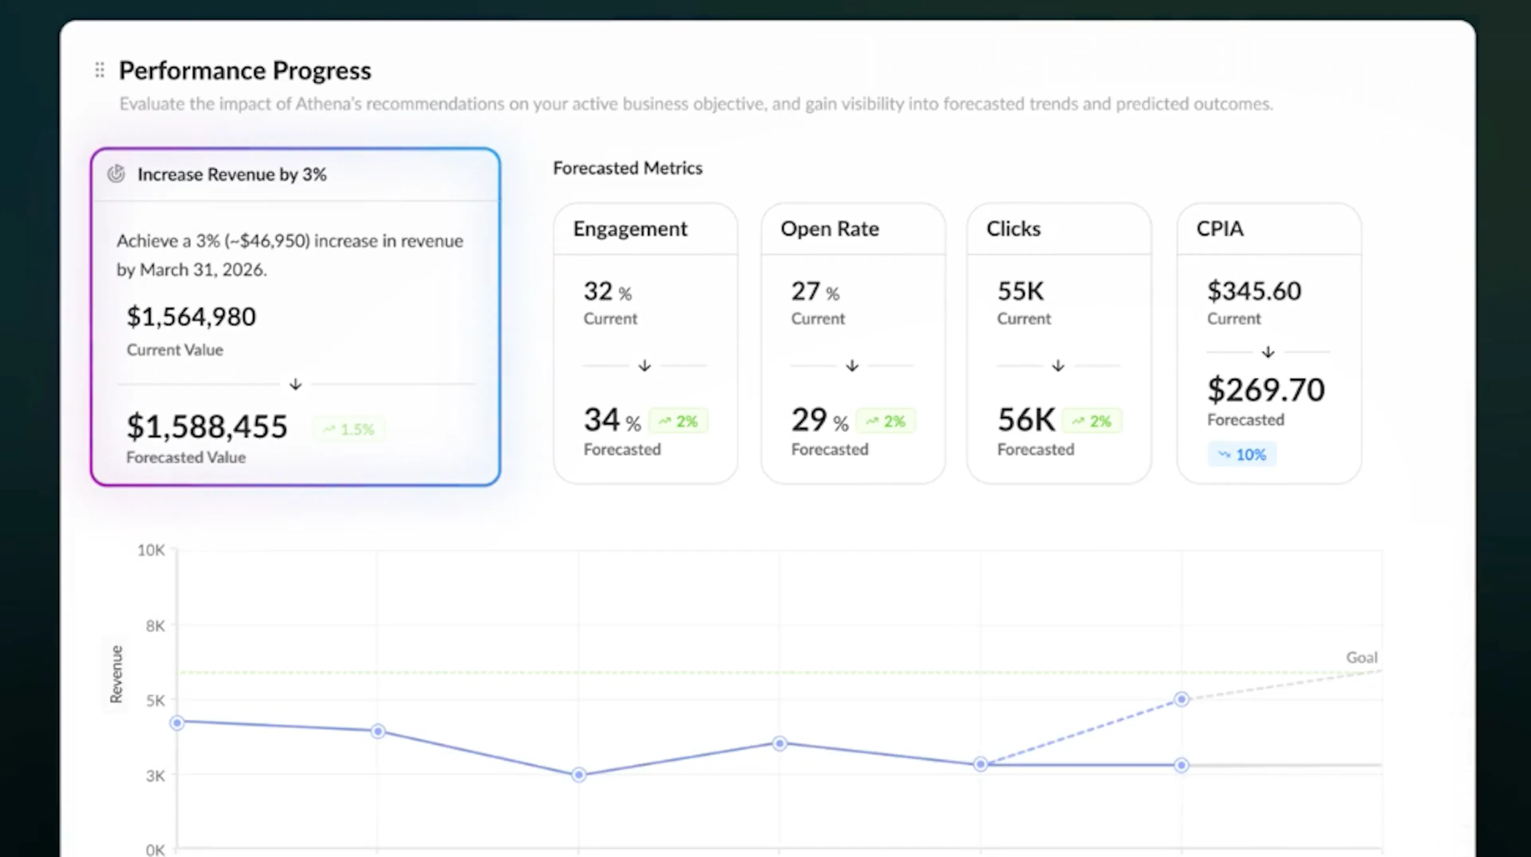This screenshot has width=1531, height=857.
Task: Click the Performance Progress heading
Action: [245, 71]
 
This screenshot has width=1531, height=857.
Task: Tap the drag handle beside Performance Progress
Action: [100, 70]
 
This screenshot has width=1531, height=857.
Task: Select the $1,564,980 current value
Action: [191, 316]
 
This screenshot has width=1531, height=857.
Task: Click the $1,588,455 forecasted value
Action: [207, 426]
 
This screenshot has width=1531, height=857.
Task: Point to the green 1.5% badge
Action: [349, 429]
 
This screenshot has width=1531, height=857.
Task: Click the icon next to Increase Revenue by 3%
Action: [116, 174]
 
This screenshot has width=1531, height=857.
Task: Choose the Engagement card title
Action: [630, 229]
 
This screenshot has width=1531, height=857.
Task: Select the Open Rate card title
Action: [830, 229]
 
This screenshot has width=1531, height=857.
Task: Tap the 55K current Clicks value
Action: [1021, 291]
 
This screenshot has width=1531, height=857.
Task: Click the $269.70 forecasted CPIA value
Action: [1266, 390]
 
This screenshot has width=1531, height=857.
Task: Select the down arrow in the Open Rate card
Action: [852, 366]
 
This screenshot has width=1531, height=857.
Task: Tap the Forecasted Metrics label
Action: [628, 168]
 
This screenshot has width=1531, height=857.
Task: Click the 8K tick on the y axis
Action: [156, 625]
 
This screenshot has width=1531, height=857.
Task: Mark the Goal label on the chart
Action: [1362, 657]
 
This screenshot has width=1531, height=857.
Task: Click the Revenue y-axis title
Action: [116, 674]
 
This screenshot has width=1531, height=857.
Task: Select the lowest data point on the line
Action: [579, 775]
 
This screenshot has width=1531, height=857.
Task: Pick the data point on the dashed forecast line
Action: [1181, 699]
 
